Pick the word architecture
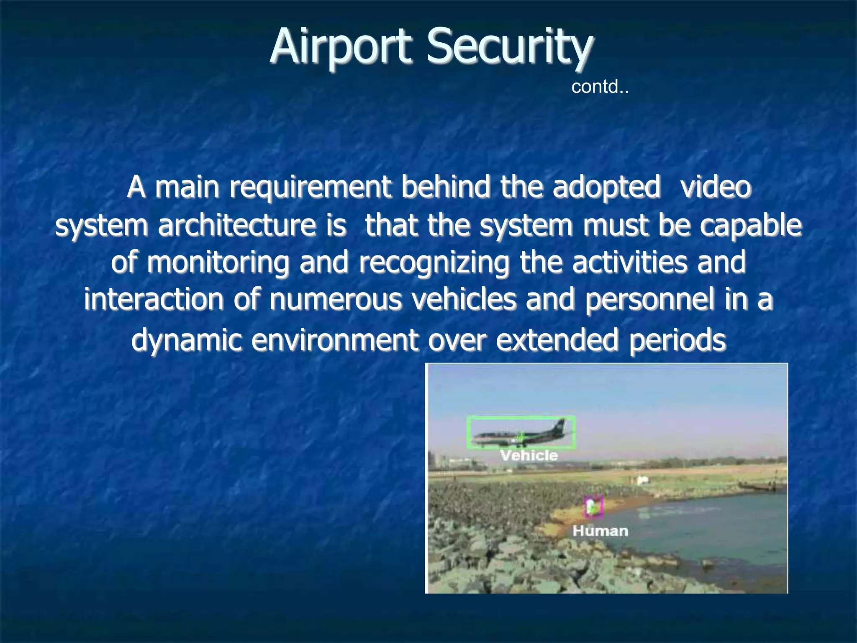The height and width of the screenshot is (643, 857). point(237,225)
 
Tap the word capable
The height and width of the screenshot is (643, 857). point(751,225)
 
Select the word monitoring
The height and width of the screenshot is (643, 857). point(218,262)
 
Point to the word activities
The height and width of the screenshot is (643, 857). point(630,262)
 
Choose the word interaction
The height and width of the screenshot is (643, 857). point(154,300)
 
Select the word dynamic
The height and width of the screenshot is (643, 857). point(187,339)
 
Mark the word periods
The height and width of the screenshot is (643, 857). point(677,339)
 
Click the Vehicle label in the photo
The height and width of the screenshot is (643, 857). point(529,455)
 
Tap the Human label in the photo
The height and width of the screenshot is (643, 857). point(600,531)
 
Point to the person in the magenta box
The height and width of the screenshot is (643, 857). point(593,507)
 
